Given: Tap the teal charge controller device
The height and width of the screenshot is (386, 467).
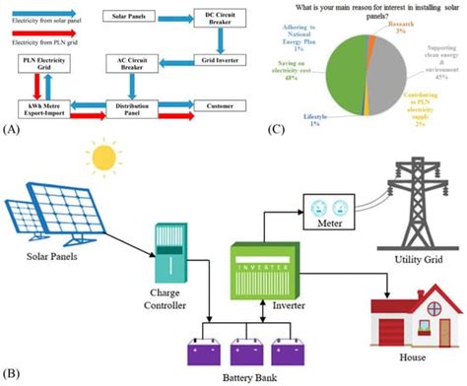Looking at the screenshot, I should (170, 253).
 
